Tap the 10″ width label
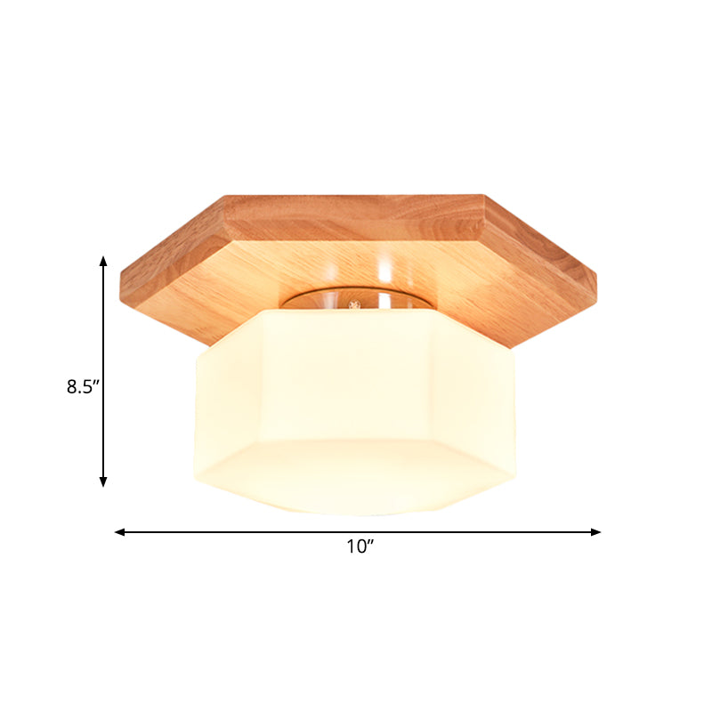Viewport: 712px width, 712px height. (x=359, y=548)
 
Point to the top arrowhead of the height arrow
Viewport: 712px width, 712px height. (x=103, y=261)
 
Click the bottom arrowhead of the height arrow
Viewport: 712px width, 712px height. (x=103, y=481)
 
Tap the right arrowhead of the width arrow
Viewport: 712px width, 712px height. (x=596, y=532)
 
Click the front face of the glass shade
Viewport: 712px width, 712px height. (x=356, y=383)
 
